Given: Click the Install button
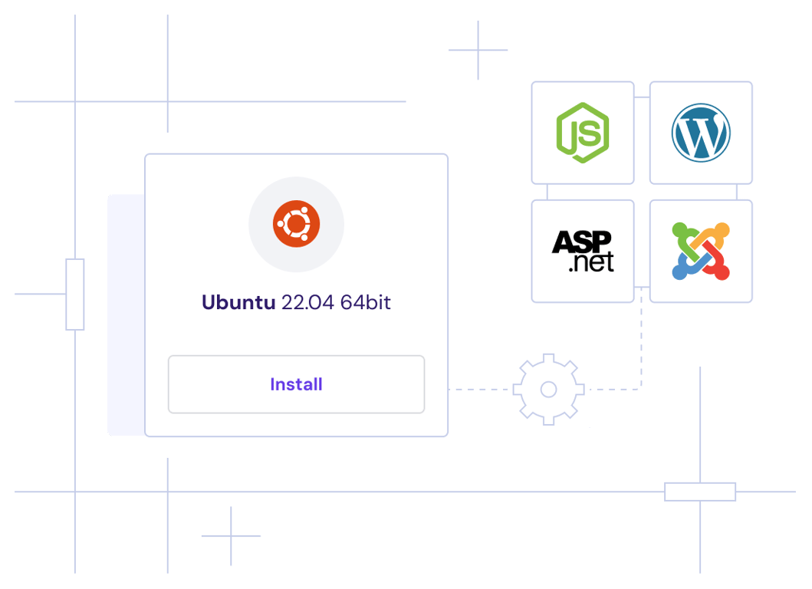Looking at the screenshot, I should click(x=296, y=384).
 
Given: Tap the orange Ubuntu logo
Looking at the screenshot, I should click(x=296, y=224).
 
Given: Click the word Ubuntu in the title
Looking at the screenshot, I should click(x=238, y=302).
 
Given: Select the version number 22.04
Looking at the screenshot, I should click(x=307, y=302).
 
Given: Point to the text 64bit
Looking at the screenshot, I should click(x=366, y=302).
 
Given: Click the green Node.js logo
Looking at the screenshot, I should click(x=583, y=133).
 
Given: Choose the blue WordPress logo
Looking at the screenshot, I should click(x=701, y=133).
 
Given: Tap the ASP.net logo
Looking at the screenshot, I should click(x=583, y=251).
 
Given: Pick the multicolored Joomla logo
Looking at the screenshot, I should click(x=701, y=251).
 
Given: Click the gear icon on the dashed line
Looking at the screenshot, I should click(x=548, y=389).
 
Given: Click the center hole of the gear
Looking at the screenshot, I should click(x=548, y=390).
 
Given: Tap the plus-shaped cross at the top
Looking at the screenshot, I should click(x=478, y=51).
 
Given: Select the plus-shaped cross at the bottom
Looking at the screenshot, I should click(x=231, y=536).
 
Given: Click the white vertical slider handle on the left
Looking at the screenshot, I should click(x=75, y=294).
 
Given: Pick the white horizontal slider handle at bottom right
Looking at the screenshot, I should click(x=700, y=492).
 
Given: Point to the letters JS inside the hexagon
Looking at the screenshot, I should click(x=584, y=134).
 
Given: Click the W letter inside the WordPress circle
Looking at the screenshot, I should click(x=701, y=133).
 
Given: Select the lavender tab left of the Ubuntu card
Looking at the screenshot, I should click(x=126, y=314).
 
